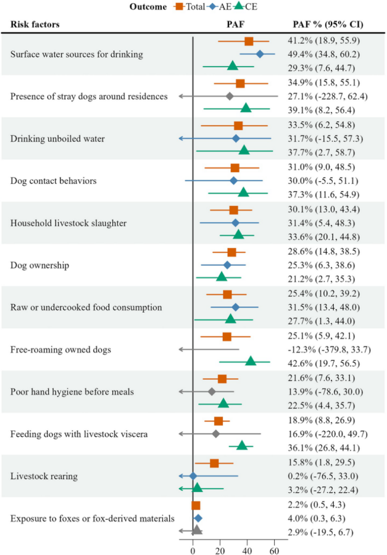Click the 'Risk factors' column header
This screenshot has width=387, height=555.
click(x=35, y=25)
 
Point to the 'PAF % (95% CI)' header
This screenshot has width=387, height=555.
click(x=327, y=25)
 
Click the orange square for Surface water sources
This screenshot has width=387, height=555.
click(x=249, y=41)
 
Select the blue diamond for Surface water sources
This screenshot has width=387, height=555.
click(x=260, y=54)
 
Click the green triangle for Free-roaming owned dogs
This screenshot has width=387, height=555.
click(x=251, y=361)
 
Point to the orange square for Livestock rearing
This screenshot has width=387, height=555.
click(x=214, y=463)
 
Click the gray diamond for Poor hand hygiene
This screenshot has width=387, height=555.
click(x=212, y=392)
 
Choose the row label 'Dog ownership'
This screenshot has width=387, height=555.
click(x=40, y=265)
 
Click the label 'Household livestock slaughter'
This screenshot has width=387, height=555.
click(x=69, y=223)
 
